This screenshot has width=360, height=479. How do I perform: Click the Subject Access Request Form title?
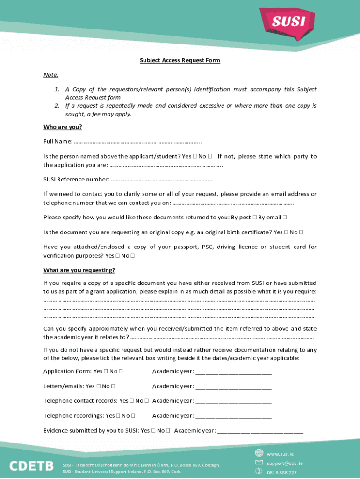tap(180, 60)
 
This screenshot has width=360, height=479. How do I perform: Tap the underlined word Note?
tap(50, 75)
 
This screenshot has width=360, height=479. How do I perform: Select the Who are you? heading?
tap(63, 127)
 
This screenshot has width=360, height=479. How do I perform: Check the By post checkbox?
tap(254, 217)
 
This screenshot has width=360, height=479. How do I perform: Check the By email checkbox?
tap(285, 217)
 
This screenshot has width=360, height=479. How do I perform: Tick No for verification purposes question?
tap(133, 256)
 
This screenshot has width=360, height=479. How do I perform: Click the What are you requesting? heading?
tap(79, 270)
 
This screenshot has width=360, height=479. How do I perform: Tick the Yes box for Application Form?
tap(106, 371)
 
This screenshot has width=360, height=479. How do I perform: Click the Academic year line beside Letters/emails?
tap(233, 386)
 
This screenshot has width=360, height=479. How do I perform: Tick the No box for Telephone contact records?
tap(147, 401)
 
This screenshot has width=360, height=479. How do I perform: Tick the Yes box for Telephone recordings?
tap(118, 416)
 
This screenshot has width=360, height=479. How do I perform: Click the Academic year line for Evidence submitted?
tap(260, 431)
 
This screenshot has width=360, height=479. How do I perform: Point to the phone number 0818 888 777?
tap(281, 472)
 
